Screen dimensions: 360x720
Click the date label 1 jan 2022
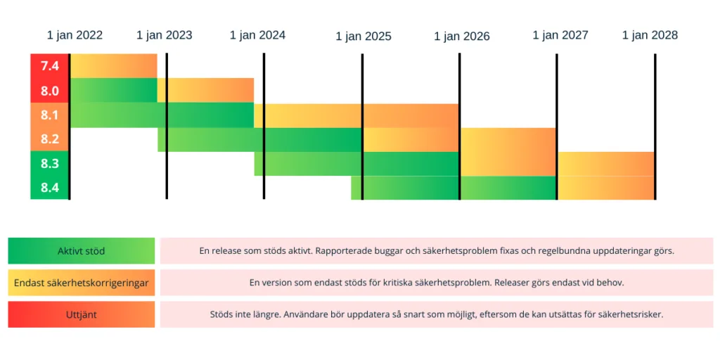coord(75,35)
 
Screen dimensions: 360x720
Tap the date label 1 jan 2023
coord(164,35)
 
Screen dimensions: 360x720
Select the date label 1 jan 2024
coord(257,35)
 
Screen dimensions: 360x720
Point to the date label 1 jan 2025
coord(363,37)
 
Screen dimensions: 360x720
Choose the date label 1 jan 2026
coord(461,37)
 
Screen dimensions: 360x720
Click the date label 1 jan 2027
coord(560,35)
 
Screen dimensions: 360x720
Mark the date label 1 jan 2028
coord(650,35)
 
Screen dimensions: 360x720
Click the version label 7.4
coord(50,66)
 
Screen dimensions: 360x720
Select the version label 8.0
coord(50,91)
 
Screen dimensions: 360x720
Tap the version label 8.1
coord(50,115)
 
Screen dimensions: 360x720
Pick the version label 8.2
coord(50,139)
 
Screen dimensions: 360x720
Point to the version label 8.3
coord(50,164)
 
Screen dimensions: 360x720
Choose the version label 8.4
coord(50,188)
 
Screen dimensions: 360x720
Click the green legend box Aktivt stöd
coord(82,251)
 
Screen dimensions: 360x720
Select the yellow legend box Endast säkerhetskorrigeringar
coord(82,283)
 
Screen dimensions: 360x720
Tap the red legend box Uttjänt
coord(82,314)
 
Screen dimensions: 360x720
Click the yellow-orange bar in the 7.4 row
coord(114,65)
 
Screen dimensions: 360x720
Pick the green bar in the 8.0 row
coord(114,90)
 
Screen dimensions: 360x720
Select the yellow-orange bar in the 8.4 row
coord(606,188)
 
